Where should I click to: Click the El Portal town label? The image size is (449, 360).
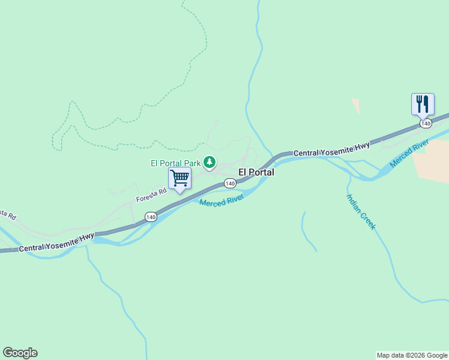click(x=256, y=172)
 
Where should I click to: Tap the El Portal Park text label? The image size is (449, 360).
click(x=175, y=163)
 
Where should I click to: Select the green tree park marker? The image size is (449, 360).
click(x=209, y=162)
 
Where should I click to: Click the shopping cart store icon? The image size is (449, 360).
click(x=179, y=178)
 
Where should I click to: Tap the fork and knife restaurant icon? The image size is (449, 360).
click(x=423, y=104)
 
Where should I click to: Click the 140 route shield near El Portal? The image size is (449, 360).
click(x=229, y=183)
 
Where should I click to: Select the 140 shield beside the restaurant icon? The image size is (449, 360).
click(x=426, y=123)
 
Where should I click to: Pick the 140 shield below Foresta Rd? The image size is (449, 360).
click(x=150, y=217)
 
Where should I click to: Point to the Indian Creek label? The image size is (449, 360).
click(x=361, y=212)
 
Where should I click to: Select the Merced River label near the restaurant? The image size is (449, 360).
click(x=409, y=154)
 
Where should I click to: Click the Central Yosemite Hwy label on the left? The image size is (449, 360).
click(x=56, y=242)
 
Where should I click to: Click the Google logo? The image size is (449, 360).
click(x=20, y=353)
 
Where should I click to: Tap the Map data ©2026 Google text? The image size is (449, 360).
click(x=412, y=355)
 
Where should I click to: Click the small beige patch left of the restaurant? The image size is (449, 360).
click(x=356, y=106)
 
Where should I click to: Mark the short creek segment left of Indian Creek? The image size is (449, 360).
click(x=308, y=231)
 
